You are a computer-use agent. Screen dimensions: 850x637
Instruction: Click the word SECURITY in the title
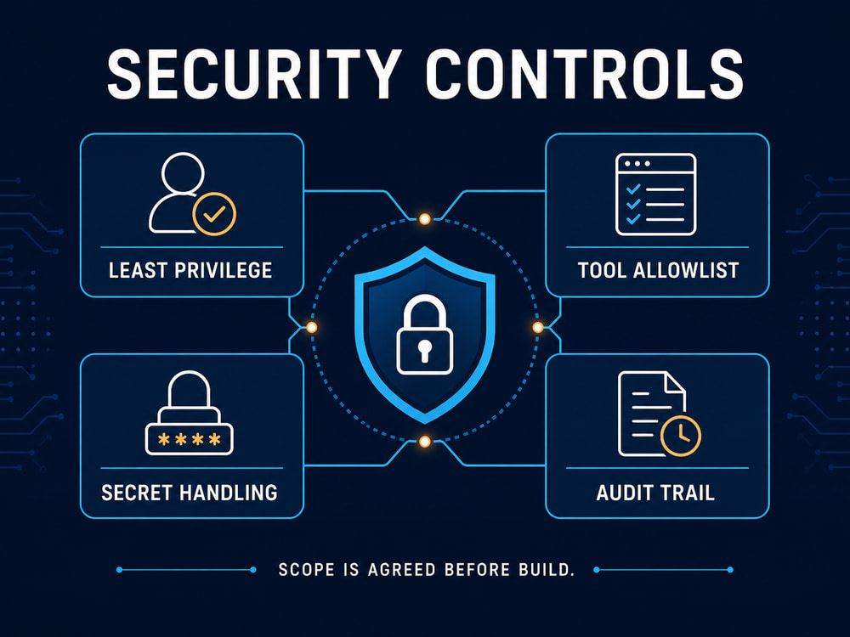point(253,74)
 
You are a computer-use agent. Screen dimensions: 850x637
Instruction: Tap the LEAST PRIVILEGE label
point(190,270)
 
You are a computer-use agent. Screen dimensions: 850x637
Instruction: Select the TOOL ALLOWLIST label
point(658,270)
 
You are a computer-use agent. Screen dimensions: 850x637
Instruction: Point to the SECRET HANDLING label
point(190,493)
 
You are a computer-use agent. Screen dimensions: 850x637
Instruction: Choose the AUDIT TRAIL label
point(655,493)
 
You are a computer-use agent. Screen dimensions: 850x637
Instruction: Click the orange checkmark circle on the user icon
point(214,214)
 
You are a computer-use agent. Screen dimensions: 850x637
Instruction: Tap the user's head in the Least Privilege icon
point(183,172)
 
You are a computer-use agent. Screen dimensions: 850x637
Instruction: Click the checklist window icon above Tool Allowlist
point(655,194)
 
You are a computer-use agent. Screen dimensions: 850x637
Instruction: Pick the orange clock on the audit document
point(681,436)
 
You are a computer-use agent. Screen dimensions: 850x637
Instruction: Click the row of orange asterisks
point(190,439)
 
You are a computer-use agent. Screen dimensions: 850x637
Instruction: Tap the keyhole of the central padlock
point(424,349)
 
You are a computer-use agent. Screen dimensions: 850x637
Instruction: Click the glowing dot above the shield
point(425,219)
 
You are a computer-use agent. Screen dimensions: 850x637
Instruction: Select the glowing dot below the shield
point(425,442)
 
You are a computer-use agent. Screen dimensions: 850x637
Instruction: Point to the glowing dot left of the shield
point(312,327)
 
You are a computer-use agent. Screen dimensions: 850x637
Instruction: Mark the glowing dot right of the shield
point(538,327)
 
